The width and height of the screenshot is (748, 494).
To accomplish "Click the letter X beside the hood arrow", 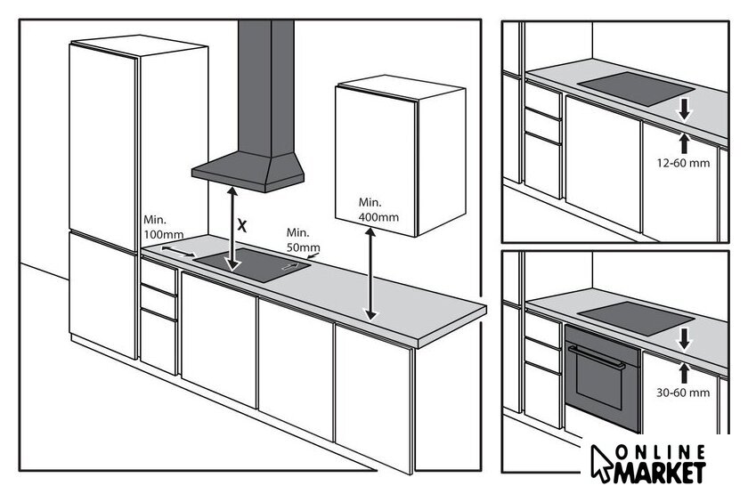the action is (x=242, y=225).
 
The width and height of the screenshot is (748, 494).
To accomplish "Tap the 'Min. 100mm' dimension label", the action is (x=163, y=228).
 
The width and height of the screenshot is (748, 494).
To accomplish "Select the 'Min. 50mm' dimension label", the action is (x=303, y=239).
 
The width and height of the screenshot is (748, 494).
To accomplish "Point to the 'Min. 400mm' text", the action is (x=378, y=210).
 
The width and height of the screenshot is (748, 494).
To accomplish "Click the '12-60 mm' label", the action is (x=683, y=163).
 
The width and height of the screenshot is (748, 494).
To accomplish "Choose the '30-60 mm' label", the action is (x=683, y=393).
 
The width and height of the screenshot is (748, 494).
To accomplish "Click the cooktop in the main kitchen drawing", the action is (x=252, y=264).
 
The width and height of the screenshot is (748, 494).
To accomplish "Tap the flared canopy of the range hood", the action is (x=248, y=172).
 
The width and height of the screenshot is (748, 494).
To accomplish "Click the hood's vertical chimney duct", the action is (x=265, y=88).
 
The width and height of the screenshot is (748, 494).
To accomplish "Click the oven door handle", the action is (x=597, y=357).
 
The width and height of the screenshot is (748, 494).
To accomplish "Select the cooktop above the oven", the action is (x=636, y=319).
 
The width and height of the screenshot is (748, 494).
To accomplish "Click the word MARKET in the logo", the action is (x=660, y=471).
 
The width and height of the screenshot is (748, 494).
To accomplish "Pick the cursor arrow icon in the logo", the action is (x=599, y=462).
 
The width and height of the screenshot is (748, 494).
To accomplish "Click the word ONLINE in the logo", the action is (x=660, y=452).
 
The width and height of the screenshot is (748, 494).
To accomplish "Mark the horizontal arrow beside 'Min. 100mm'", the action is (x=178, y=252).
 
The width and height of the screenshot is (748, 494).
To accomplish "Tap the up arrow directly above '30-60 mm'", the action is (x=685, y=373).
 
